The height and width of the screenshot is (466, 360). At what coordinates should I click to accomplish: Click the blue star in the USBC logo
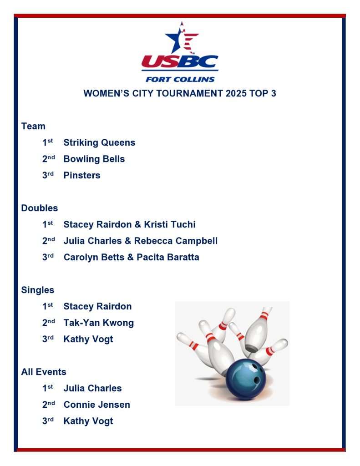point(175,39)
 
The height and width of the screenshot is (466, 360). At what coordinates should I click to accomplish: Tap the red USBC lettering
point(180,61)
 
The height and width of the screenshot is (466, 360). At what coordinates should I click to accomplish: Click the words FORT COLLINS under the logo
point(180,79)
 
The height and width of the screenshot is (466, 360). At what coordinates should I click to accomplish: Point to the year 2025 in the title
point(236,93)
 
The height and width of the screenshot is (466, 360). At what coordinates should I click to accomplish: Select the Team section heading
point(33,126)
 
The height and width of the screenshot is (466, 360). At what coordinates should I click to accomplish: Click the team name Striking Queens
point(99,142)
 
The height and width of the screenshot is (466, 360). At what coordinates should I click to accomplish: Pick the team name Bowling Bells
point(94,159)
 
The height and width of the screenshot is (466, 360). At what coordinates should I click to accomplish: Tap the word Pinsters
point(82,175)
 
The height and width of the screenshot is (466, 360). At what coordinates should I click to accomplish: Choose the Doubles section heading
point(40,208)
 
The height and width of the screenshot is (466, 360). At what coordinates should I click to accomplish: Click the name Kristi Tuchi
point(170,224)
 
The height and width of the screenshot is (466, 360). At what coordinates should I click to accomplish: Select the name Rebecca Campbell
point(176,241)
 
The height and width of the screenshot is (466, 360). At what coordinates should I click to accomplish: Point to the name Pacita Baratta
point(168,257)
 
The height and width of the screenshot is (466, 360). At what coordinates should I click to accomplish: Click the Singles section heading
point(38,290)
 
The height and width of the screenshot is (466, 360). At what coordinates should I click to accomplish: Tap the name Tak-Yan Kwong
point(99,323)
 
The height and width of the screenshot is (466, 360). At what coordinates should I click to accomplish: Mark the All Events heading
point(44,372)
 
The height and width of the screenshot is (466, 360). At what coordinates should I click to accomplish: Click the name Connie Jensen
point(97,405)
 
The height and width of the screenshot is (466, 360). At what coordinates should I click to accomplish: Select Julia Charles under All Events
point(93,388)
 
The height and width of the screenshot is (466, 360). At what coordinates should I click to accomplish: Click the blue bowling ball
point(246,379)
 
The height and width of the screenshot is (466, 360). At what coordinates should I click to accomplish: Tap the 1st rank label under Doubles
point(48,224)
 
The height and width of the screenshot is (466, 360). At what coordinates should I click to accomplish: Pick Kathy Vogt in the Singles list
point(88,339)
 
